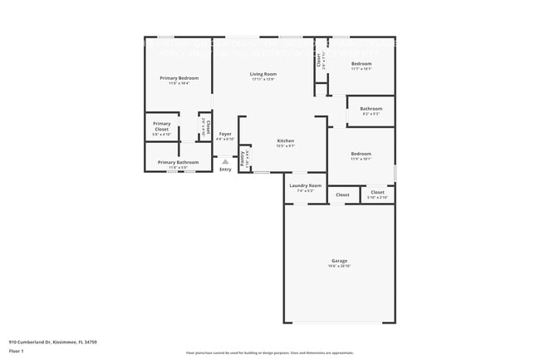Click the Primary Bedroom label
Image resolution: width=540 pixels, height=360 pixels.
179,78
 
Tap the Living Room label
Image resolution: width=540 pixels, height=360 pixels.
263,74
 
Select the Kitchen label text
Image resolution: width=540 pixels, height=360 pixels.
285,141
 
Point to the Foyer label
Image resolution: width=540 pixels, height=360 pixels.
225,134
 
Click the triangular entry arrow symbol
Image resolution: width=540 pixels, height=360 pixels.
225,161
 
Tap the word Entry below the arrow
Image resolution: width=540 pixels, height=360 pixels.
225,170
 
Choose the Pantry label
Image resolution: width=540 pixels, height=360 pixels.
243,158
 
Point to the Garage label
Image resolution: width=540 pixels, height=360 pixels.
339,260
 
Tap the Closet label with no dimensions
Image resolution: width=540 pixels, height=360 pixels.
342,195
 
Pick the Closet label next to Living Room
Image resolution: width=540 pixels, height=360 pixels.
318,60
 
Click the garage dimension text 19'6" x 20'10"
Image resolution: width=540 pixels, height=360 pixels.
339,266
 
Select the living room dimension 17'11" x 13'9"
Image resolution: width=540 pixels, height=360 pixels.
263,80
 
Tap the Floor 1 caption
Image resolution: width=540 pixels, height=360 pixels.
17,352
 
